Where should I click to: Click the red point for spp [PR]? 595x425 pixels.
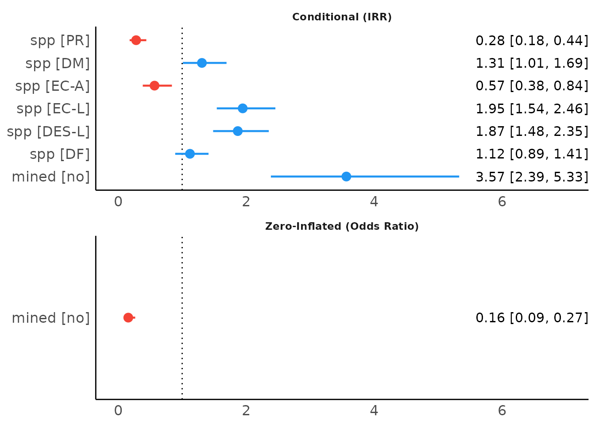pyautogui.click(x=136, y=40)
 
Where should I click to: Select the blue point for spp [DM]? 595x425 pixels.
pyautogui.click(x=202, y=63)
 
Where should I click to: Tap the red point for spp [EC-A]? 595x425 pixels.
pyautogui.click(x=155, y=85)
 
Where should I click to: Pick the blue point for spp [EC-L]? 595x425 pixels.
pyautogui.click(x=243, y=108)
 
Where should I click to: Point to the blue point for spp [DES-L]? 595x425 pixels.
pyautogui.click(x=238, y=131)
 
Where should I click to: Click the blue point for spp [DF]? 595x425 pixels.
pyautogui.click(x=190, y=154)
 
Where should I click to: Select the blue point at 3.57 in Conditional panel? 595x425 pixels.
pyautogui.click(x=346, y=177)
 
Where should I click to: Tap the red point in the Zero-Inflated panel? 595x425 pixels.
pyautogui.click(x=128, y=317)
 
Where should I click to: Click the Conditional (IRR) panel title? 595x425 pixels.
pyautogui.click(x=342, y=17)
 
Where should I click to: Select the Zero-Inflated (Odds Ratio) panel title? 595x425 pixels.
pyautogui.click(x=342, y=227)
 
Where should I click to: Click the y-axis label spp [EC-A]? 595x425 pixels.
pyautogui.click(x=53, y=86)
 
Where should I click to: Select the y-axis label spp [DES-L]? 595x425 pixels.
pyautogui.click(x=48, y=131)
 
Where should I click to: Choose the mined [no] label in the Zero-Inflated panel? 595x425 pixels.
pyautogui.click(x=50, y=318)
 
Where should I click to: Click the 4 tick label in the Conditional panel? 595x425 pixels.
pyautogui.click(x=374, y=202)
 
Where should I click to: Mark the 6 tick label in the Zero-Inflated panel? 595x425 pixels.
pyautogui.click(x=502, y=411)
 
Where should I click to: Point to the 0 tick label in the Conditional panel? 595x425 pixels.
pyautogui.click(x=118, y=202)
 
